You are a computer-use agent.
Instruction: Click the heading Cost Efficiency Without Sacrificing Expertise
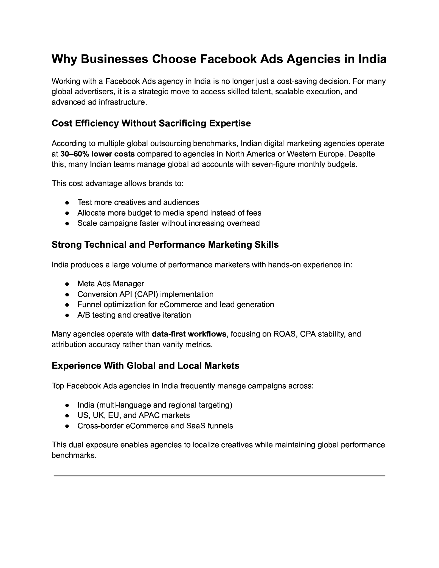151,123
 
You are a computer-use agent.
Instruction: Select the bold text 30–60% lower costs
97,154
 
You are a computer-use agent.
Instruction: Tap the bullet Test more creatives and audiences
138,202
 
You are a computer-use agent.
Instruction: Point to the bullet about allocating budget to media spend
169,213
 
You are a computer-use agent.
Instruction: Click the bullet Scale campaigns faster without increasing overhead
168,223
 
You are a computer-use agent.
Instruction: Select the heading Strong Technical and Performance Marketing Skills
165,245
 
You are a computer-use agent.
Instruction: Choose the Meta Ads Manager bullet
111,284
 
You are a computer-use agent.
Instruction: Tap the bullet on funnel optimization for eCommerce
176,305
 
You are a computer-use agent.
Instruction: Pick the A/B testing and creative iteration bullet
134,315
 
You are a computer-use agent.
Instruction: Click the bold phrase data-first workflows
189,334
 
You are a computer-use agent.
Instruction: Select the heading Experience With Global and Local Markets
145,366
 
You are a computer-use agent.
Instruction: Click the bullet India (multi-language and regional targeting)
155,405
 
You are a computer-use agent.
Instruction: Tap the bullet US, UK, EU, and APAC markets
134,416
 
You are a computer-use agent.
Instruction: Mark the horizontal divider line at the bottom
219,476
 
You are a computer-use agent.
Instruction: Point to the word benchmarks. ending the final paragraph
74,456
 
